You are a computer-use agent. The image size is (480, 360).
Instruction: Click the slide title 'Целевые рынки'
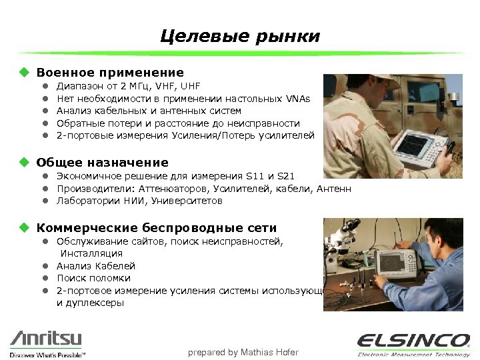[x=240, y=36]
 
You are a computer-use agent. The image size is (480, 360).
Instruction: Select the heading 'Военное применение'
[x=110, y=72]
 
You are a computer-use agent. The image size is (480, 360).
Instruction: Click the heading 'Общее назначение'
[x=102, y=162]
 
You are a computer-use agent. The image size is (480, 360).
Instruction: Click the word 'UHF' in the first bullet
[x=190, y=86]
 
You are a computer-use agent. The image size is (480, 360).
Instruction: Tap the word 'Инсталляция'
[x=92, y=253]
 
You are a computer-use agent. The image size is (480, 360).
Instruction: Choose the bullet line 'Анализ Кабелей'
[x=96, y=266]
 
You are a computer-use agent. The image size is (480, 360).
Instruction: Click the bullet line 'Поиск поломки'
[x=93, y=278]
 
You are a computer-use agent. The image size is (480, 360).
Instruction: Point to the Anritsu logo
[x=47, y=341]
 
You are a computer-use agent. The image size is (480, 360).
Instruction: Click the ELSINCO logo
[x=413, y=341]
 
